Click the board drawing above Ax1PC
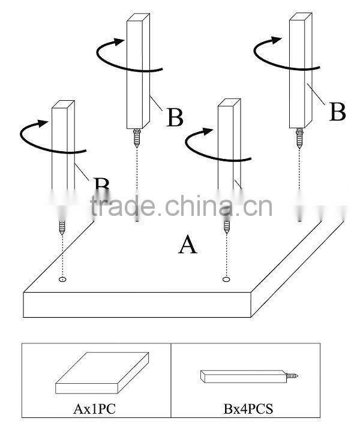pyautogui.click(x=102, y=375)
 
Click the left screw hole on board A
pyautogui.click(x=63, y=279)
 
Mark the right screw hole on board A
pyautogui.click(x=226, y=279)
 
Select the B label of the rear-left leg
pyautogui.click(x=174, y=118)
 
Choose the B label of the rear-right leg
pyautogui.click(x=337, y=112)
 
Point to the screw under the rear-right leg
pyautogui.click(x=299, y=139)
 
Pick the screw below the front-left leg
pyautogui.click(x=62, y=226)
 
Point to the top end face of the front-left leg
pyautogui.click(x=63, y=105)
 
